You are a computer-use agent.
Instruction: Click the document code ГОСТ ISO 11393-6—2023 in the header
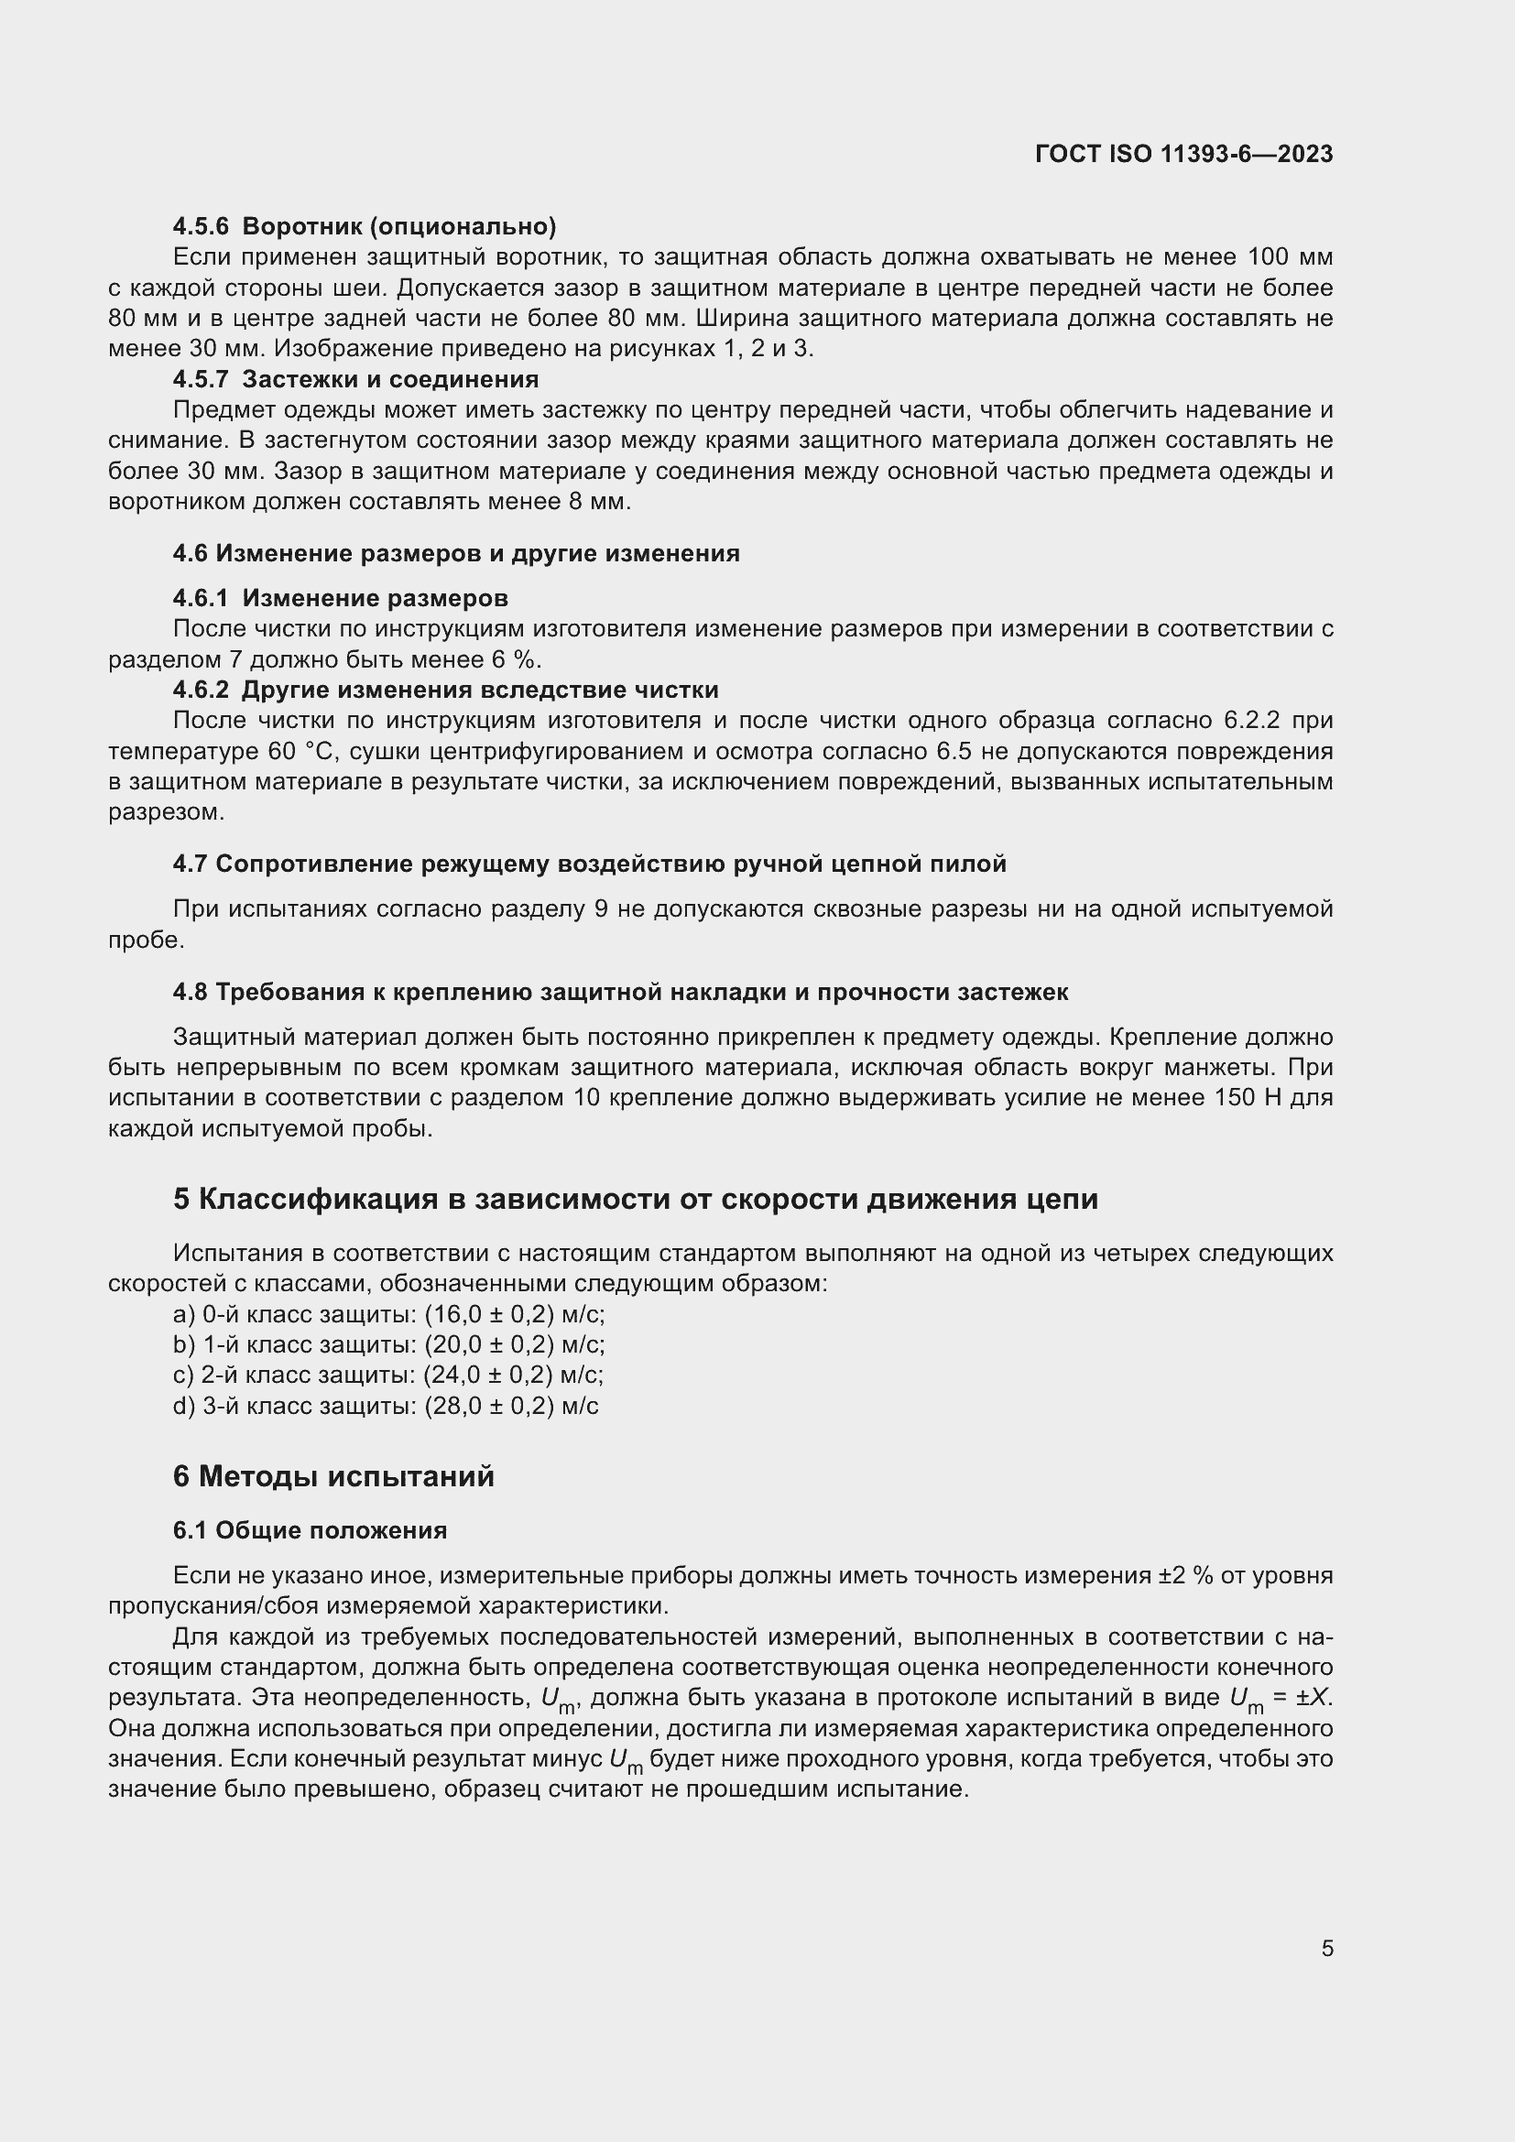pyautogui.click(x=1183, y=154)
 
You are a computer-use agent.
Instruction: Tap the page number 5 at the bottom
pyautogui.click(x=1326, y=1948)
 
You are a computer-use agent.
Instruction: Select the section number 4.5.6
pyautogui.click(x=201, y=227)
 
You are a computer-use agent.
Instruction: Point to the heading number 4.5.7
pyautogui.click(x=201, y=380)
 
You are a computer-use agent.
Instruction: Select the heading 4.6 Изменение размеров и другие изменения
pyautogui.click(x=455, y=554)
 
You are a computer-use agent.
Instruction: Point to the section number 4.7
pyautogui.click(x=190, y=864)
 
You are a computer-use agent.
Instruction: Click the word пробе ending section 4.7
pyautogui.click(x=146, y=941)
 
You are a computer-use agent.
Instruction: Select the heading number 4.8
pyautogui.click(x=190, y=993)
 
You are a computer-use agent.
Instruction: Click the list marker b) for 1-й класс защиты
pyautogui.click(x=183, y=1345)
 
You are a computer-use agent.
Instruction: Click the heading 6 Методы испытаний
pyautogui.click(x=333, y=1477)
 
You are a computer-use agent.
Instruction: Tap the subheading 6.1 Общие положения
pyautogui.click(x=310, y=1531)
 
